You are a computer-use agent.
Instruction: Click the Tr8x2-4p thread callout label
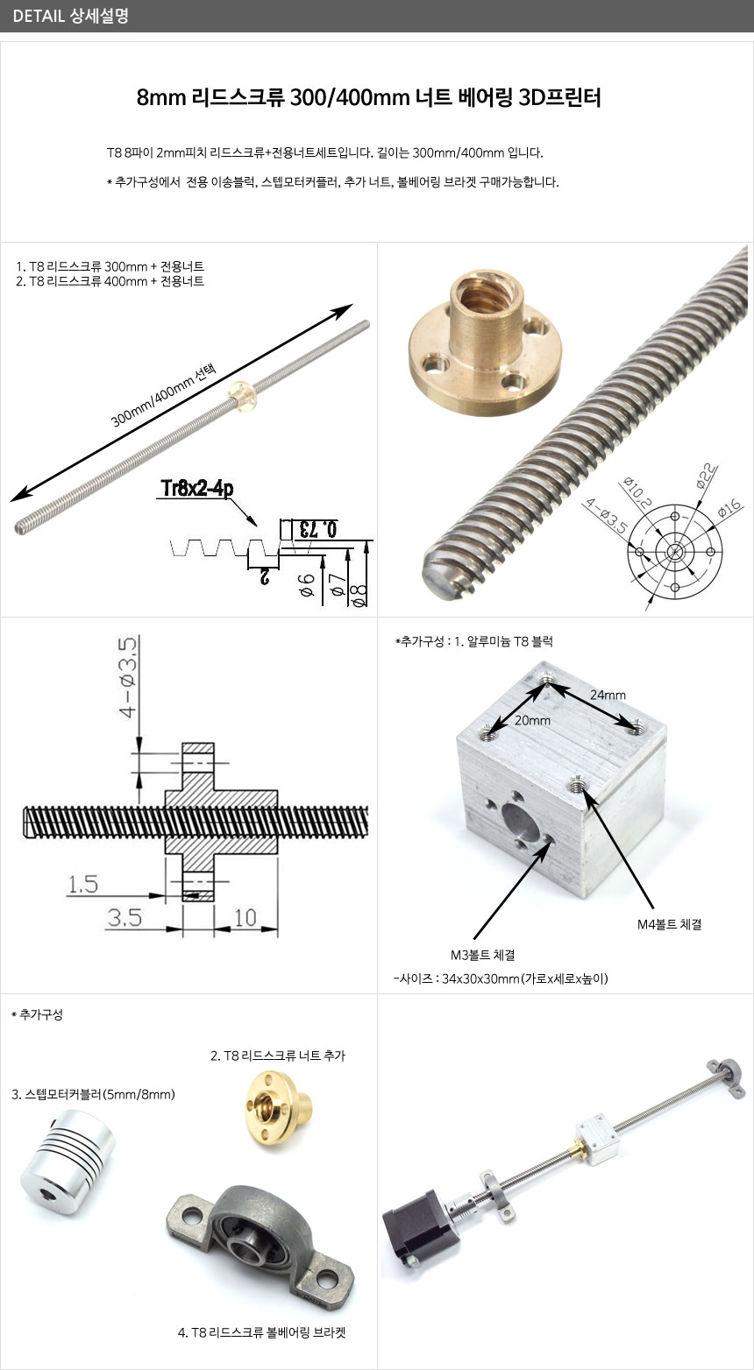coord(197,489)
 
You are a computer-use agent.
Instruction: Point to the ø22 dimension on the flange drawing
coord(707,477)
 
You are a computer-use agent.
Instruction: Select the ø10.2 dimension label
coord(637,493)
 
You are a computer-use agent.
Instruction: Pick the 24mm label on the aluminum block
coord(608,695)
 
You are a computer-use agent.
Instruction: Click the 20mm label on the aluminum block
coord(532,720)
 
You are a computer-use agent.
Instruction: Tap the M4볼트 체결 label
coord(669,924)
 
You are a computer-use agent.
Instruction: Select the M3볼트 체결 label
coord(482,955)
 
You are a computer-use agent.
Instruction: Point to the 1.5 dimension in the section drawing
coord(82,884)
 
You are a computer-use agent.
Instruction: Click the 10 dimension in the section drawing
coord(245,917)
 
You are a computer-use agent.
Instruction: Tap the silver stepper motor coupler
coord(68,1161)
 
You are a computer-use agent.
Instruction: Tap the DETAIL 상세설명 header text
coord(70,16)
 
